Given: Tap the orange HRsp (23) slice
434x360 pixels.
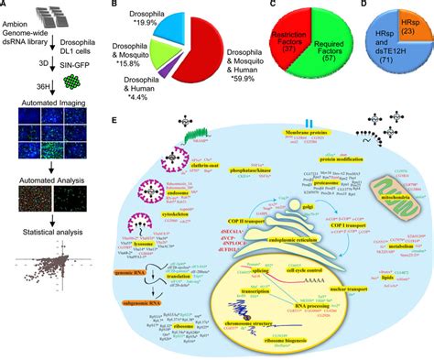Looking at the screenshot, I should (412, 26).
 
